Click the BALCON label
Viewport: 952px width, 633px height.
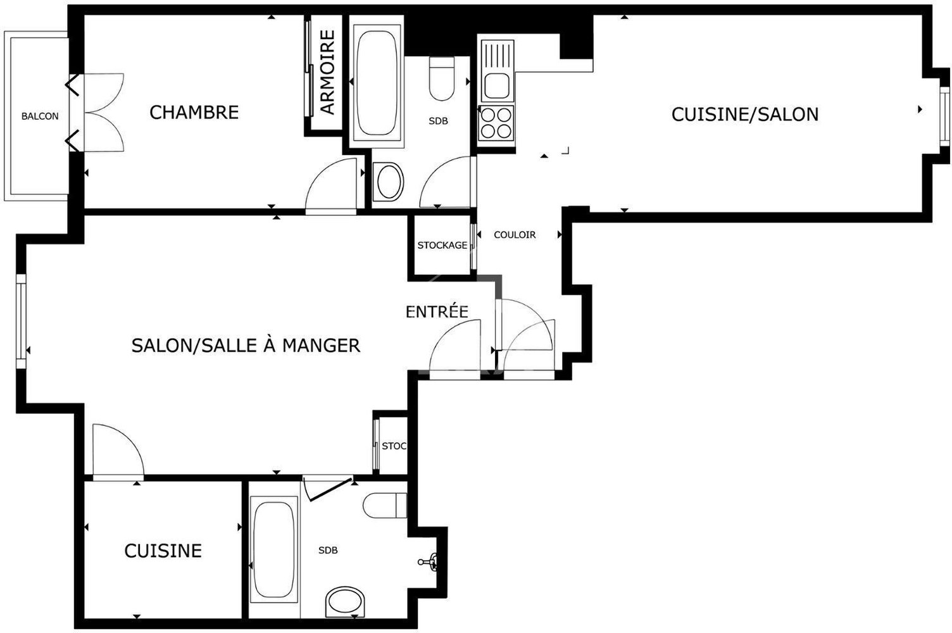pyautogui.click(x=40, y=116)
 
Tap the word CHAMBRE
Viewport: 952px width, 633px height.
pyautogui.click(x=194, y=113)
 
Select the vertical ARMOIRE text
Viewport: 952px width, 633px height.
pyautogui.click(x=327, y=73)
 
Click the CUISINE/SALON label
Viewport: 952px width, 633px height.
pyautogui.click(x=744, y=115)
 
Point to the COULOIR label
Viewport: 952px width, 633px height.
pyautogui.click(x=515, y=235)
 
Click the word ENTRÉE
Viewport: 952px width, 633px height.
pyautogui.click(x=437, y=311)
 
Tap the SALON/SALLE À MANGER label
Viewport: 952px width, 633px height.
pyautogui.click(x=246, y=346)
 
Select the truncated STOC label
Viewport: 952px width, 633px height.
pyautogui.click(x=393, y=446)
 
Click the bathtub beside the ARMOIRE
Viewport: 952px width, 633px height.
pyautogui.click(x=377, y=82)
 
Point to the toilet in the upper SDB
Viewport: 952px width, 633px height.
pyautogui.click(x=441, y=79)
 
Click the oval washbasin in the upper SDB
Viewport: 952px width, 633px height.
pyautogui.click(x=389, y=182)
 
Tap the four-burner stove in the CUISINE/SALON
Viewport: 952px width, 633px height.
pyautogui.click(x=496, y=123)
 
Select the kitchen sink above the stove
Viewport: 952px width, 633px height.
pyautogui.click(x=496, y=71)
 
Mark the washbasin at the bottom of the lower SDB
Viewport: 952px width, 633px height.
pyautogui.click(x=346, y=602)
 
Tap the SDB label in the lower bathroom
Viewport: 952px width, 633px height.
pyautogui.click(x=328, y=551)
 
